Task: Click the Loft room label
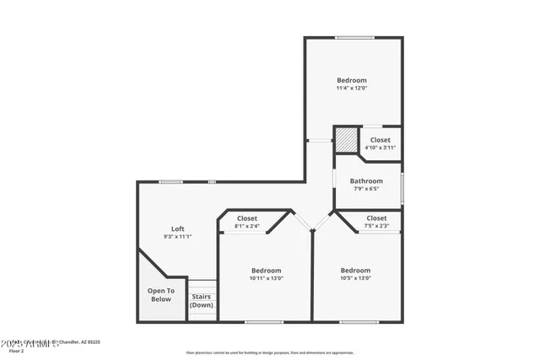point(178,228)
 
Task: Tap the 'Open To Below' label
point(160,295)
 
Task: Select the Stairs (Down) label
point(202,300)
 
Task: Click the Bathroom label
point(366,180)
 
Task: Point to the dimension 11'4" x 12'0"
point(352,89)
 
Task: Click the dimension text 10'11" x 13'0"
point(266,278)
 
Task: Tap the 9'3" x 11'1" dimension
point(178,237)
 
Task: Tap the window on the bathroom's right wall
point(402,185)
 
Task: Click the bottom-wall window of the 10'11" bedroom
point(264,321)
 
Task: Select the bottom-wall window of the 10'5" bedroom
point(359,321)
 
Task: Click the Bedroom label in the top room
point(352,80)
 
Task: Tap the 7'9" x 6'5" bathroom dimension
point(366,188)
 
